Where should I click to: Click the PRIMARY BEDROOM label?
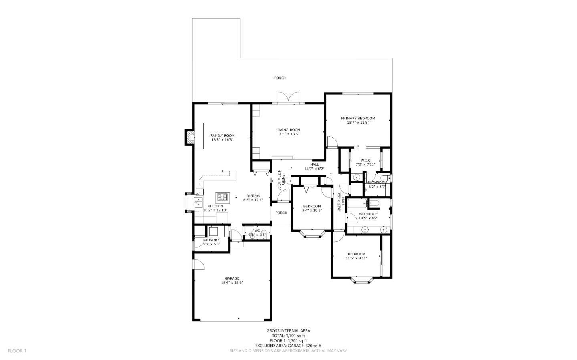(358, 118)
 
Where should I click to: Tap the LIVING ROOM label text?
(288, 129)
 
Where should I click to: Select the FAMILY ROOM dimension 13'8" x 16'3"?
(222, 140)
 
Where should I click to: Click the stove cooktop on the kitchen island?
(223, 197)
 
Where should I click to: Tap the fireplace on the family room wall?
(190, 137)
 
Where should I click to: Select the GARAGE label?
(232, 278)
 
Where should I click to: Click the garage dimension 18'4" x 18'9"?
(232, 283)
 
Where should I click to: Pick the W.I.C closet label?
(365, 160)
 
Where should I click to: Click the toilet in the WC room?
(252, 236)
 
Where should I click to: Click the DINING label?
(253, 196)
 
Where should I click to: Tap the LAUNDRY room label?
(211, 240)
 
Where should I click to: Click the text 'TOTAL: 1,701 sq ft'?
(288, 336)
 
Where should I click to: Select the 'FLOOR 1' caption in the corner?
(17, 351)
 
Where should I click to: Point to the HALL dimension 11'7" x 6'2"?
(314, 169)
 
